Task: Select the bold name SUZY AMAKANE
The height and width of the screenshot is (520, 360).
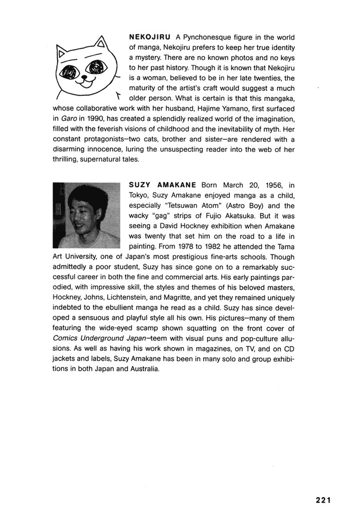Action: [x=163, y=185]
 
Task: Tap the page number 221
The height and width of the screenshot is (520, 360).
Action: [x=324, y=500]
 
